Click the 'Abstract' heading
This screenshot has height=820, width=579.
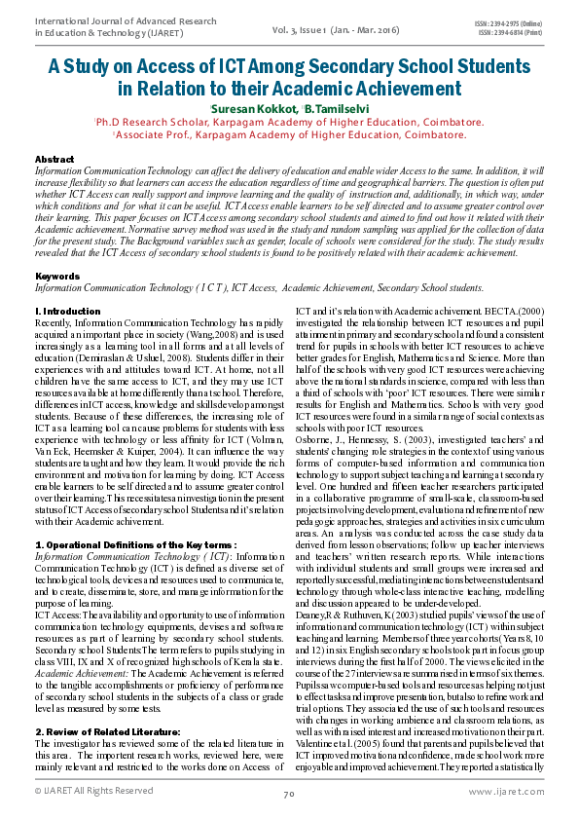54,159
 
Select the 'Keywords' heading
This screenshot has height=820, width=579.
56,278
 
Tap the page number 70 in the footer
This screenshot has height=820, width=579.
289,795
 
